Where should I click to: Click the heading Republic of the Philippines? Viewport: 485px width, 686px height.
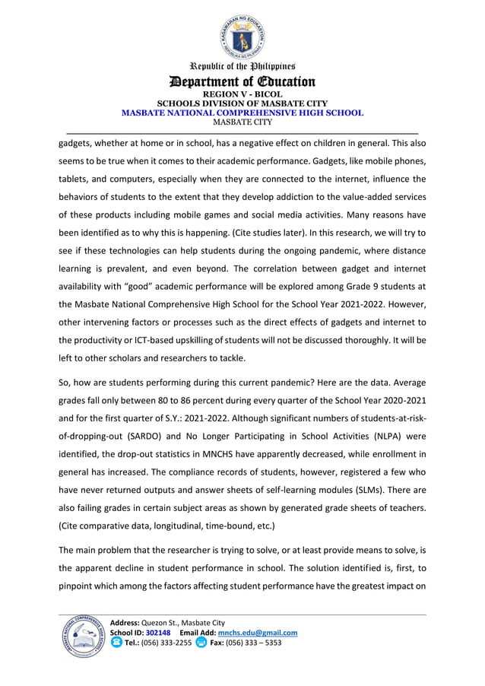click(242, 67)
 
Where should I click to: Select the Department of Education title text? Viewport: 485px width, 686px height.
click(242, 81)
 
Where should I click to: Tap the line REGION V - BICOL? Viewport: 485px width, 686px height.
click(242, 94)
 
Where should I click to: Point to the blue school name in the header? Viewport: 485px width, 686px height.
click(242, 113)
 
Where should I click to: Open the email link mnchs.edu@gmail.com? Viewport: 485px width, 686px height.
click(258, 633)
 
